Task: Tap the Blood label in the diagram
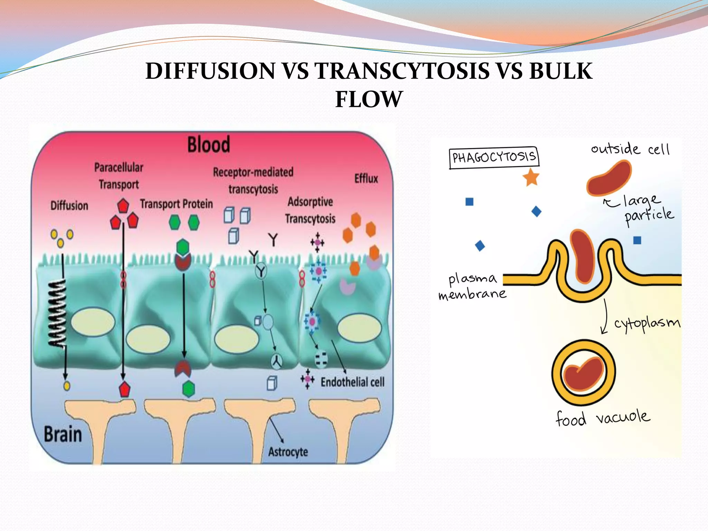[208, 145]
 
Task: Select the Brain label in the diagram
[63, 434]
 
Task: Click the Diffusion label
[69, 206]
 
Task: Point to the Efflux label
[366, 179]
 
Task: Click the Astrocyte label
[288, 452]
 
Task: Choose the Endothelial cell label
[352, 382]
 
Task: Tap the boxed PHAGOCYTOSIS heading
[494, 157]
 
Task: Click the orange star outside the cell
[531, 177]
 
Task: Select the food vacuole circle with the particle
[584, 373]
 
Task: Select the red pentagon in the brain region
[124, 389]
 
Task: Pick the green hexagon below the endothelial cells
[188, 389]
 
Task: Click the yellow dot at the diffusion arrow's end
[67, 386]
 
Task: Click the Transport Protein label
[176, 204]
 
